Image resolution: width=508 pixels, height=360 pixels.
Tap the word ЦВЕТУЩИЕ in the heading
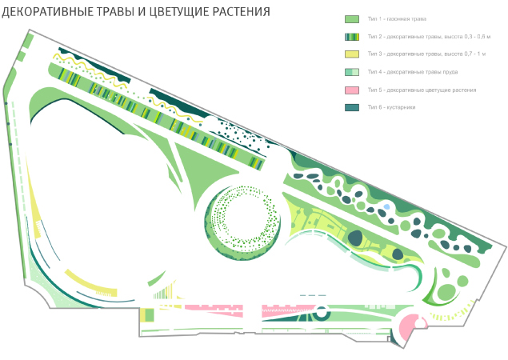pos(181,12)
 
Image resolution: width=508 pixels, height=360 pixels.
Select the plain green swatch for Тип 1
pos(351,18)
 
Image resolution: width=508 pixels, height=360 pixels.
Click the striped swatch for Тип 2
pos(351,37)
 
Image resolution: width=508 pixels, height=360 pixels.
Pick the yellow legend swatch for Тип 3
pos(351,54)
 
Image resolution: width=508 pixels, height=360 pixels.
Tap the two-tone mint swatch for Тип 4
pos(351,72)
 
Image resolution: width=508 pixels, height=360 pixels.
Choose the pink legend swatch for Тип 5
pos(351,90)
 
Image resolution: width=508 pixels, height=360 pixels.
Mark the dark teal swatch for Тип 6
pos(351,107)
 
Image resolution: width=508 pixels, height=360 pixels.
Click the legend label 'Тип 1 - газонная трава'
pos(398,18)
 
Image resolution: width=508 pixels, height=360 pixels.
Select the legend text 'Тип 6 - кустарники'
pos(391,107)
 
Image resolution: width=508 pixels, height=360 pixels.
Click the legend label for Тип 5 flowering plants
pos(422,90)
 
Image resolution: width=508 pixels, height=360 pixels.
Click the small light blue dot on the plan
pos(387,207)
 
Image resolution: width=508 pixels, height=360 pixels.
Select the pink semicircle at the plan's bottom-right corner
pos(408,327)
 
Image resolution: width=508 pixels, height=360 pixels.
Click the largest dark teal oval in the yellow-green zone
pos(355,238)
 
